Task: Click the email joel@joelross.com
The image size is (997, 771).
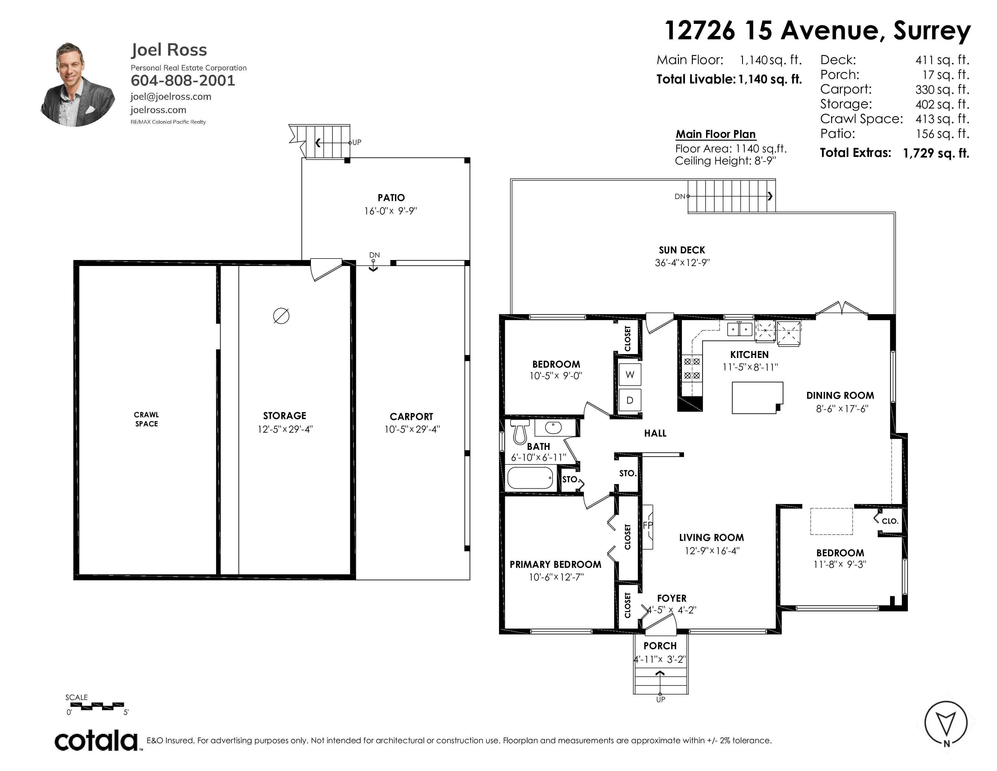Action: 171,96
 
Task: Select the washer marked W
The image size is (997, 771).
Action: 630,375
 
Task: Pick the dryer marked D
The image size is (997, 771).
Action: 630,400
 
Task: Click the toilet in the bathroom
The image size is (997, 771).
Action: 520,431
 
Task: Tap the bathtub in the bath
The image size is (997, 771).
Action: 530,478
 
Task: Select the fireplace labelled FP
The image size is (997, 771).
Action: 647,527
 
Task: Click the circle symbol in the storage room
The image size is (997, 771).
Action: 281,316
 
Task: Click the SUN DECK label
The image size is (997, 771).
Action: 682,250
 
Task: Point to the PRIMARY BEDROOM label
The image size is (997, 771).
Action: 555,564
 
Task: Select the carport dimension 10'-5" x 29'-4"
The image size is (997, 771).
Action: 412,429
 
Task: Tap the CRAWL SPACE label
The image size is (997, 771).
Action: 146,419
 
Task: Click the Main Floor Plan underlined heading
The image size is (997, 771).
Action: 715,134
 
